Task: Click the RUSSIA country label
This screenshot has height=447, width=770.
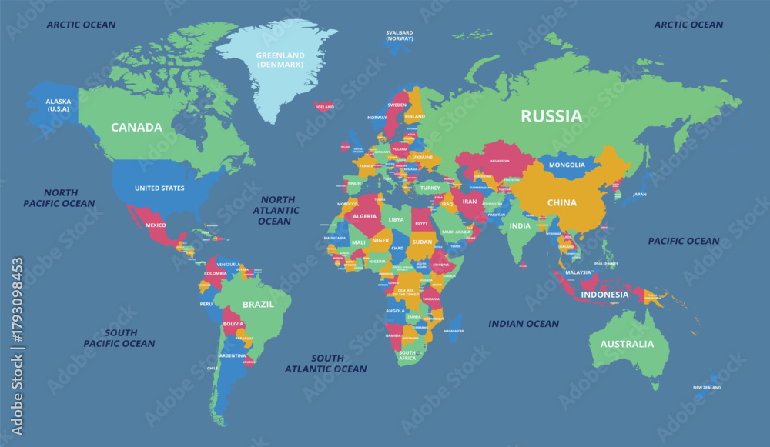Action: [551, 116]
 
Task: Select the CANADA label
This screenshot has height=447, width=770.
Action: [136, 127]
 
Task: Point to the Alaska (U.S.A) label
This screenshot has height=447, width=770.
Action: [58, 105]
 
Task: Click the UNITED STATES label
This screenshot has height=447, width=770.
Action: [159, 188]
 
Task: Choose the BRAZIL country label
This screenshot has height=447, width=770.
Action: [258, 305]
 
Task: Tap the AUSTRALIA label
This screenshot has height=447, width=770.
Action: [628, 343]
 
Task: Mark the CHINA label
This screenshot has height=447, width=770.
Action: [561, 203]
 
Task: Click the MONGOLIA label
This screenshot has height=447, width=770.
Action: [567, 165]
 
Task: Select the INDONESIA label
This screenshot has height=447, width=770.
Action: [604, 295]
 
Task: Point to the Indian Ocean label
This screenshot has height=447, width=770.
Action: [524, 324]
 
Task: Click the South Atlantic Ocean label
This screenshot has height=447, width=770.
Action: [326, 363]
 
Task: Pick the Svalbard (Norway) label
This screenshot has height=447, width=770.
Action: [400, 35]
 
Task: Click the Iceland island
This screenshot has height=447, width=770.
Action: [324, 106]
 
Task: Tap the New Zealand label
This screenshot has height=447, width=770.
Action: [706, 388]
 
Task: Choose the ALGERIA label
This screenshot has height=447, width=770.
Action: [364, 216]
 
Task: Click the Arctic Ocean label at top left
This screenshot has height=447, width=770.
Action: [81, 25]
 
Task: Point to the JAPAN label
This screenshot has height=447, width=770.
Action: [639, 195]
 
